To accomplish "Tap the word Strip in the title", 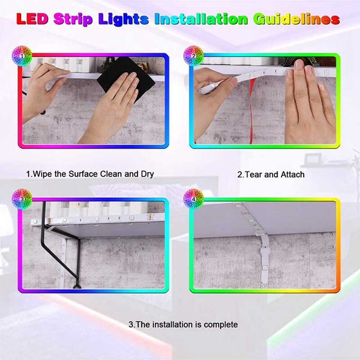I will click(73, 19).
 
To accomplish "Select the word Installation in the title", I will click(201, 19).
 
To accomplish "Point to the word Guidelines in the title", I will click(296, 19).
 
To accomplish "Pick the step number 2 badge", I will click(193, 56).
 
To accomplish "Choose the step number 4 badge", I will click(193, 198).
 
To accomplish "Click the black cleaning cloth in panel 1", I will click(119, 74).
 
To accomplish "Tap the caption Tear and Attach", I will click(270, 174).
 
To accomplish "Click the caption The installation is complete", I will click(183, 324).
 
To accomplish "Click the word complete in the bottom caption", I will click(220, 324).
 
